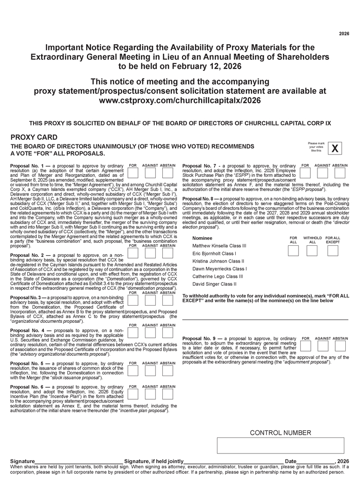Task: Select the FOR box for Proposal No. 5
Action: [133, 371]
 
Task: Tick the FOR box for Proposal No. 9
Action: [306, 346]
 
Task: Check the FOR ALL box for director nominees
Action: [293, 250]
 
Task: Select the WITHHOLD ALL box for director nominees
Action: [312, 250]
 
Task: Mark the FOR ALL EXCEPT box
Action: [333, 250]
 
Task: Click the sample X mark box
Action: [335, 148]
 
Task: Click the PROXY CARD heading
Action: [34, 137]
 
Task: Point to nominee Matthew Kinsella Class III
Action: [220, 245]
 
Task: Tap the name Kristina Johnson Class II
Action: [218, 261]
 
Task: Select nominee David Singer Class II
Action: [214, 284]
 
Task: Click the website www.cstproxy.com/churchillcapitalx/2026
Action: [180, 100]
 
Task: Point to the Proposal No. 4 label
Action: [30, 330]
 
